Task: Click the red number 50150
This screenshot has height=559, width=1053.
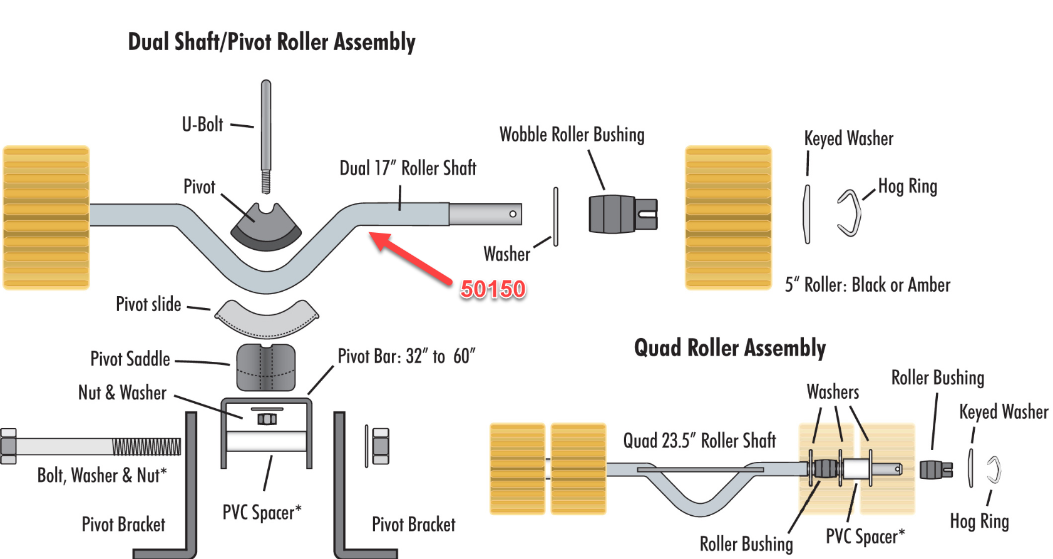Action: click(493, 289)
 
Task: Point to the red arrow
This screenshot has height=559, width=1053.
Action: click(411, 256)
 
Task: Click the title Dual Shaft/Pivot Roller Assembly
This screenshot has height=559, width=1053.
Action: click(272, 42)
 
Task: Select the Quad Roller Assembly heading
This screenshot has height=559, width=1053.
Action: click(729, 348)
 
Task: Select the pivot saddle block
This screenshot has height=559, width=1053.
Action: click(266, 367)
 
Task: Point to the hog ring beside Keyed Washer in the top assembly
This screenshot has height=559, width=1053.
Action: click(850, 213)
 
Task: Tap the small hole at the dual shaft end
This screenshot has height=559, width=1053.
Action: click(513, 214)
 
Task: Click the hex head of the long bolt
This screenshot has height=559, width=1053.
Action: click(9, 446)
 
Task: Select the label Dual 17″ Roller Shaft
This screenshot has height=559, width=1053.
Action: click(408, 168)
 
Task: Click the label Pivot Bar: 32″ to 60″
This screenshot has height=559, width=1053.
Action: click(406, 357)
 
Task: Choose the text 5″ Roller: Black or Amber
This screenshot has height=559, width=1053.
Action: click(867, 285)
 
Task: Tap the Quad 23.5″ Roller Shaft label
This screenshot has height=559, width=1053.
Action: click(699, 441)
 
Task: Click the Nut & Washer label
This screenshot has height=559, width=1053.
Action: click(122, 393)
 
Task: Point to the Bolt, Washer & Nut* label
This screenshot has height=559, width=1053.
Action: click(102, 476)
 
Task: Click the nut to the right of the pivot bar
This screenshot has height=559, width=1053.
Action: click(381, 446)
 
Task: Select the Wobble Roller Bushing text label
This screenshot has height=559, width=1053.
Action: click(572, 135)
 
